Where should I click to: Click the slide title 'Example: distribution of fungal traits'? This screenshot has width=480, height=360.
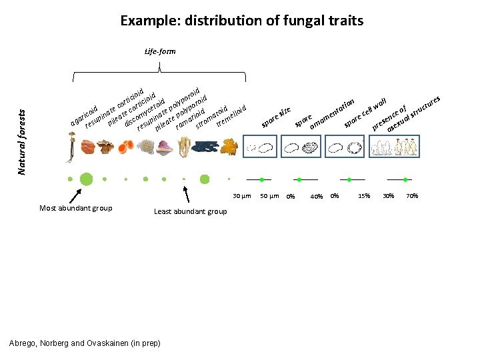[241, 20]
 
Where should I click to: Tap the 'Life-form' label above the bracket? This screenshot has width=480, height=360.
[160, 51]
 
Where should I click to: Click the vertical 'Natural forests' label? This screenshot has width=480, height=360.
[22, 134]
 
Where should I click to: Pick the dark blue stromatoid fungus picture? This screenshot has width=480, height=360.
[206, 147]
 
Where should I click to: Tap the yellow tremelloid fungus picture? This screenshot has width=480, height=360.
[229, 146]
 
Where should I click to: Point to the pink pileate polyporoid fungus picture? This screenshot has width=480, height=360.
[165, 147]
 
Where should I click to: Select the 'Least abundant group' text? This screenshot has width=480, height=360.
[190, 211]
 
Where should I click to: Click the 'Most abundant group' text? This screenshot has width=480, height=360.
[75, 208]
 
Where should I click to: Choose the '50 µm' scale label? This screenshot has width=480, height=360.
[269, 196]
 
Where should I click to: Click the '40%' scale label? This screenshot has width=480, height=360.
[317, 197]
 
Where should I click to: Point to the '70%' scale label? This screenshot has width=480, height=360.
[412, 196]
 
